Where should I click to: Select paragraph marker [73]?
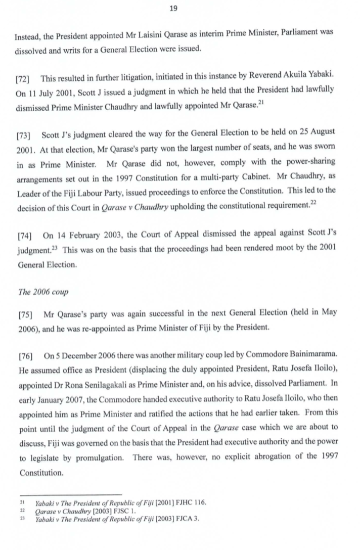(x=24, y=135)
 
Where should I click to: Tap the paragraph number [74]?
(x=25, y=236)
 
